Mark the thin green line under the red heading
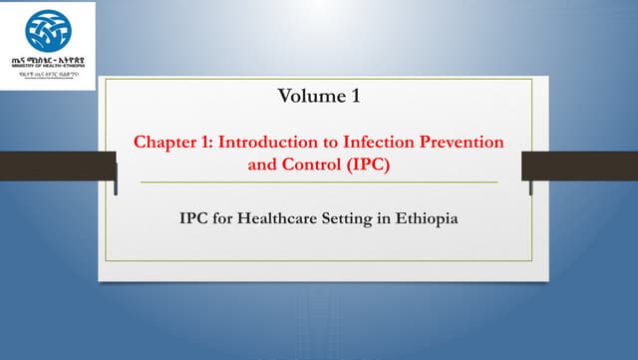(x=318, y=183)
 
